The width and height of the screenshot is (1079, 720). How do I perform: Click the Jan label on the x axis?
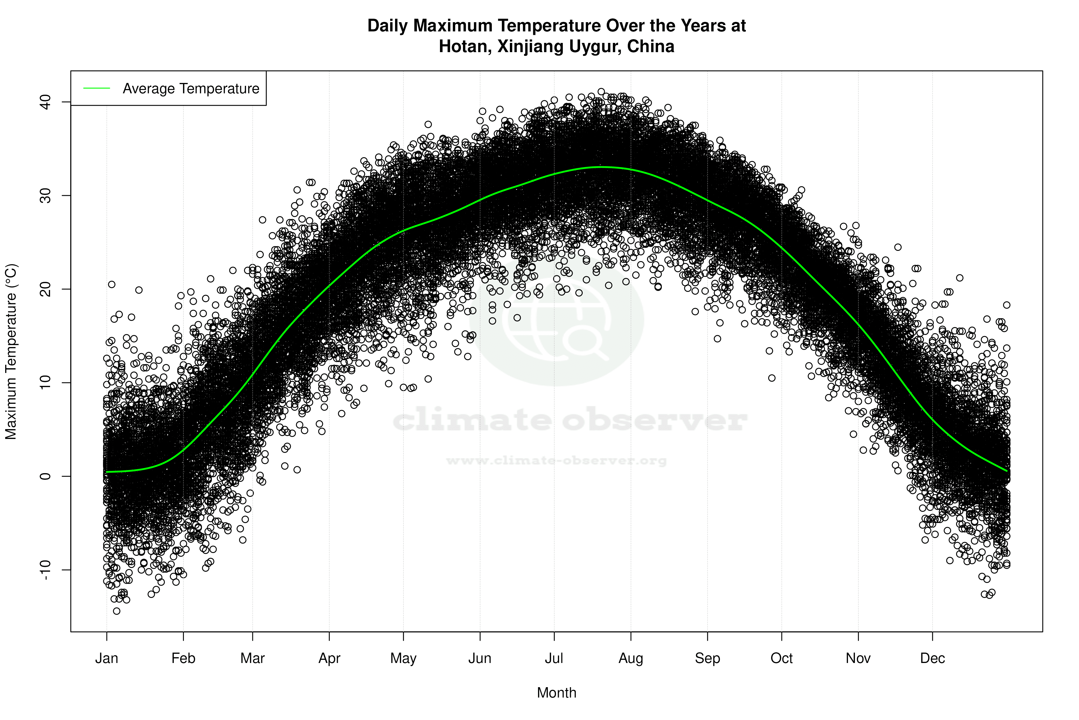coord(106,658)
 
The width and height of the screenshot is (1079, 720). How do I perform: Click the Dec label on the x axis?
coord(932,658)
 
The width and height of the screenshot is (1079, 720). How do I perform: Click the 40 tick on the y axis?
coord(45,102)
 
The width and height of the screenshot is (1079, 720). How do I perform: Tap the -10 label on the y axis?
coord(45,570)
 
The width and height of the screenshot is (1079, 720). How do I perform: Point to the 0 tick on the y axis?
coord(45,476)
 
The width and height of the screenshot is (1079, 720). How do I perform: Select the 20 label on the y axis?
coord(45,289)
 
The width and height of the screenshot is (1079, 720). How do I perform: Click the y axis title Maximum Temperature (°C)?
coord(11,351)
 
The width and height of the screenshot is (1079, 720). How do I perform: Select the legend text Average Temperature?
coord(191,89)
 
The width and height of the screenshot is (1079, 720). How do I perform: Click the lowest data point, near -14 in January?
coord(117,611)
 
